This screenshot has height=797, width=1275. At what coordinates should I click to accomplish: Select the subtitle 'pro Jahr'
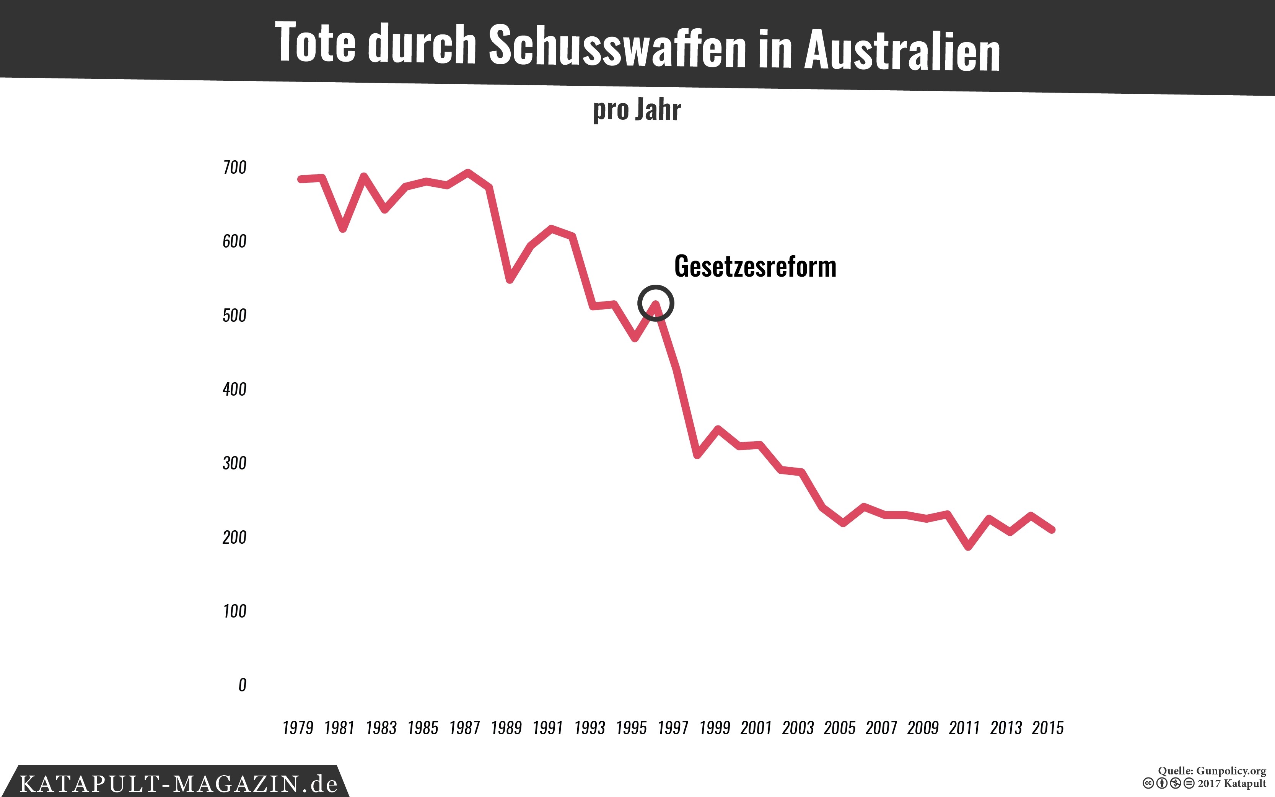point(637,110)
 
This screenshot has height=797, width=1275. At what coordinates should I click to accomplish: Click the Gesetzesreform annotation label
point(755,266)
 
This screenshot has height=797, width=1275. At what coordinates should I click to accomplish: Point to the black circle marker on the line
point(655,303)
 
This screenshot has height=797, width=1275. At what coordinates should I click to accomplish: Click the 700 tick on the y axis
point(234,168)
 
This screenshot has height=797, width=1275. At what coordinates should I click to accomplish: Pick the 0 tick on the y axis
point(242,685)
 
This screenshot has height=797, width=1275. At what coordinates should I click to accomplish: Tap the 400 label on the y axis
point(234,390)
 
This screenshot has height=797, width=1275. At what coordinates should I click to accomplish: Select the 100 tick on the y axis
point(234,611)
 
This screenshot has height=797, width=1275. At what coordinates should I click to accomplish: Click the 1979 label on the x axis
point(298,728)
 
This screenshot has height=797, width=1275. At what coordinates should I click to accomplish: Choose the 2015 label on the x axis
point(1047,728)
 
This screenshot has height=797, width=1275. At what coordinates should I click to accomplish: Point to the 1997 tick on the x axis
point(673,728)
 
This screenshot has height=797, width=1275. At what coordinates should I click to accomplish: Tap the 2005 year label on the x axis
point(839,728)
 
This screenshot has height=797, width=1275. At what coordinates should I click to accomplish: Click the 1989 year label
point(506,728)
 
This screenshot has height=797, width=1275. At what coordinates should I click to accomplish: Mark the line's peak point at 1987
point(468,172)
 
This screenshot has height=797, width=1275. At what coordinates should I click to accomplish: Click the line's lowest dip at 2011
point(968,547)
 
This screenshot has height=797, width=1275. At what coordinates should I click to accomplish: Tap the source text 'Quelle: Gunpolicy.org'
point(1212,771)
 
